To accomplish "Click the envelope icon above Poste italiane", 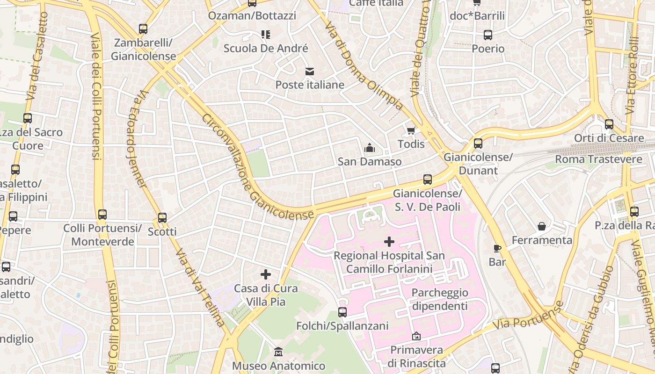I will (309, 72).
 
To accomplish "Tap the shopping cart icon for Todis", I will (411, 130).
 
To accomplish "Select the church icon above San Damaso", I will (370, 148).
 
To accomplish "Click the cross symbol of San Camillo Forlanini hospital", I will (389, 242).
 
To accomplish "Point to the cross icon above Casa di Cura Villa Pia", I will (266, 274).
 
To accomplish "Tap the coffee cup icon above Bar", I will (497, 248).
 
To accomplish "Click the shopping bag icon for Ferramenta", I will (542, 227).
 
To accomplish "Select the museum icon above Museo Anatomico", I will (278, 352).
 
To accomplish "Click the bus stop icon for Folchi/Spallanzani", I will (342, 312).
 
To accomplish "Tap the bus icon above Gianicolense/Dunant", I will (478, 144).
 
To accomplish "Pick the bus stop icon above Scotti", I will (162, 218).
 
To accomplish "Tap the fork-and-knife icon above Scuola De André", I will (266, 35).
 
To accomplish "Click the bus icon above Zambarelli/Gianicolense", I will (143, 29).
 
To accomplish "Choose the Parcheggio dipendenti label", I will (439, 299).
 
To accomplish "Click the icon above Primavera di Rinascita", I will (416, 336).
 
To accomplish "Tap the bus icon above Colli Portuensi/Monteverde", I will (102, 215).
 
